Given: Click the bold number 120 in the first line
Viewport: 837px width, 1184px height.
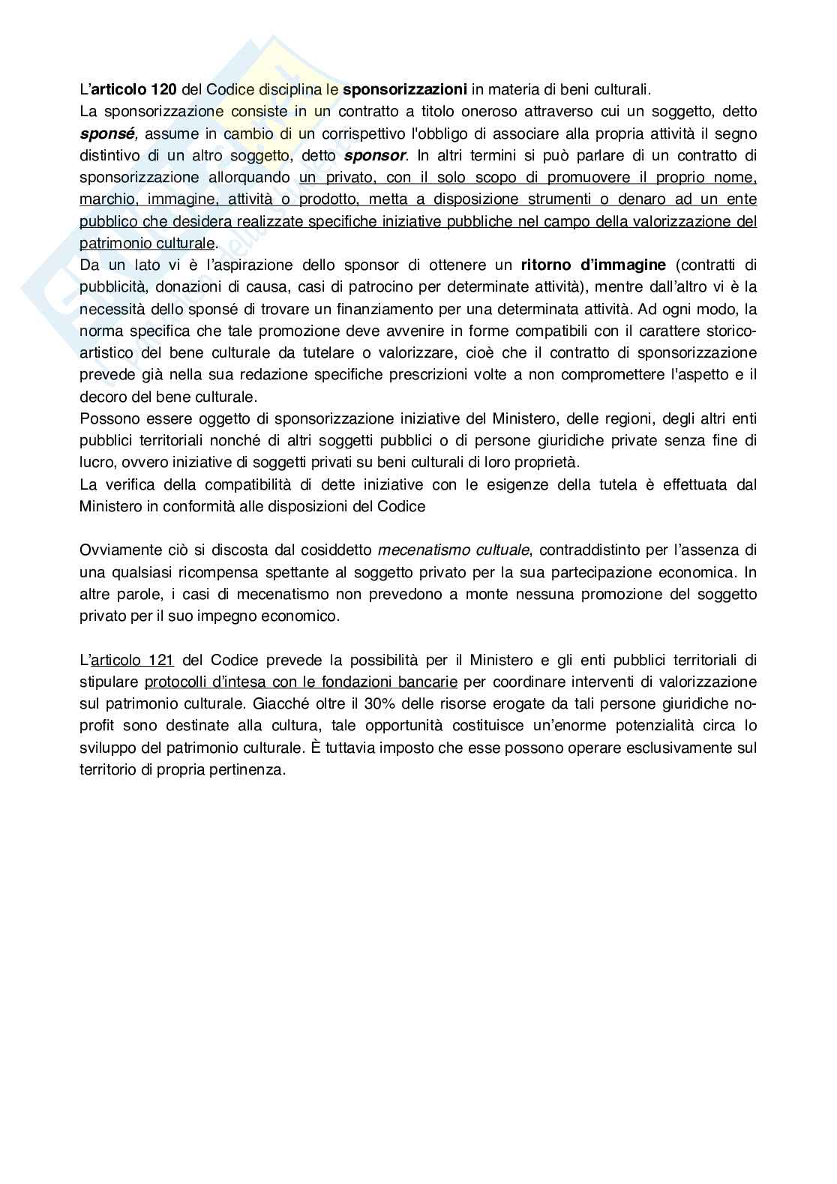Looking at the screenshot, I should coord(164,90).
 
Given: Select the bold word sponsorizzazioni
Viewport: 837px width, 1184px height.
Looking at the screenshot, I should coord(405,90).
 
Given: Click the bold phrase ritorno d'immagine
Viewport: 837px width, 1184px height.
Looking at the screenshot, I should coord(593,265).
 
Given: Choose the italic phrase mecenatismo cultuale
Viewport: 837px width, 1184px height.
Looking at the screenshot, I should coord(454,550).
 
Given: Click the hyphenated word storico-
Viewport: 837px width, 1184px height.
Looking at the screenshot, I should coord(728,331).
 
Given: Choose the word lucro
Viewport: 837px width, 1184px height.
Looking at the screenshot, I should coord(97,462).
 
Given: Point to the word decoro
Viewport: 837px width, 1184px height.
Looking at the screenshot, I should coord(100,397).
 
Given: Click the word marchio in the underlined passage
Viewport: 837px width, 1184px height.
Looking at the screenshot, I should coord(105,199).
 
